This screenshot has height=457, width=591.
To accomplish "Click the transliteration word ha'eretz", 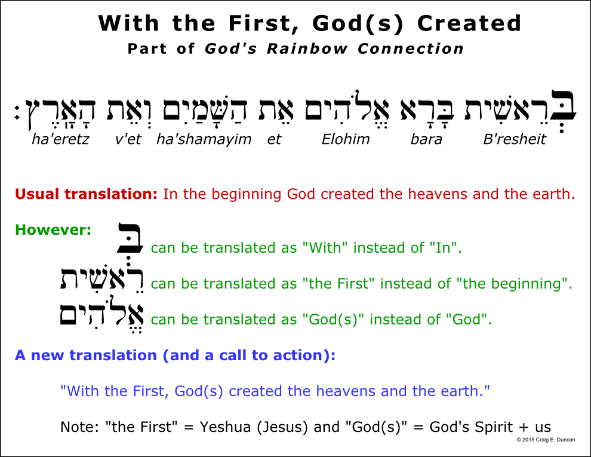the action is [x=60, y=139].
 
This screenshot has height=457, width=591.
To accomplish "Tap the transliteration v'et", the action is [x=128, y=139].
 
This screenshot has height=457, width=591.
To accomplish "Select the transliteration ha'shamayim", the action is [x=204, y=140].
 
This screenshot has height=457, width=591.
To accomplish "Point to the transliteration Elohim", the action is [x=346, y=139].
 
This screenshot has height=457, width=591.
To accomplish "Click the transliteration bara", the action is [x=426, y=139].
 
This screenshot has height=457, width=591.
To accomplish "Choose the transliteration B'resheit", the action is [x=515, y=139].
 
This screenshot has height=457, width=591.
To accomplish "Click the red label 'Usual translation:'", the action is [x=87, y=194].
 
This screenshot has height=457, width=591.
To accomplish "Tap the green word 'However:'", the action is [x=53, y=229].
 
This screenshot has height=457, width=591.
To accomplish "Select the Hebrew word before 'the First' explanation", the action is [x=101, y=280].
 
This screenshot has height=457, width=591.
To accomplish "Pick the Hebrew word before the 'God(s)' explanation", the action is [x=101, y=315].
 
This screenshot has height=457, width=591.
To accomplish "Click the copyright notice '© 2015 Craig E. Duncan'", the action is [x=546, y=440].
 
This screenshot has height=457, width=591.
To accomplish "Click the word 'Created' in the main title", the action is [x=469, y=23].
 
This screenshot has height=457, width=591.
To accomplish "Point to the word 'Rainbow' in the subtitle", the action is [x=307, y=48].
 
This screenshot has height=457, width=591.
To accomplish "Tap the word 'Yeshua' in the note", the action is [x=226, y=427].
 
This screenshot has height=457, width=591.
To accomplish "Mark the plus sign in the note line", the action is [x=524, y=428].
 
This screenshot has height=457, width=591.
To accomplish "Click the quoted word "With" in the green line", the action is [x=325, y=248].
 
